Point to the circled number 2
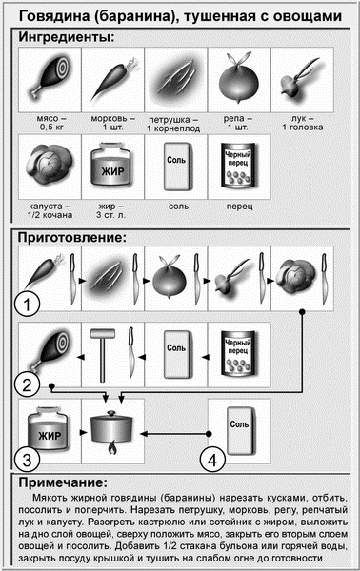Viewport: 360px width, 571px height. click(x=30, y=384)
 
